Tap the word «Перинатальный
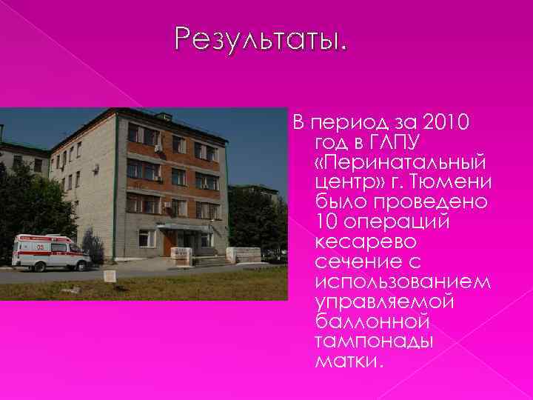click(400, 161)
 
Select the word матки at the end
click(347, 361)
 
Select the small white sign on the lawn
click(109, 276)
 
